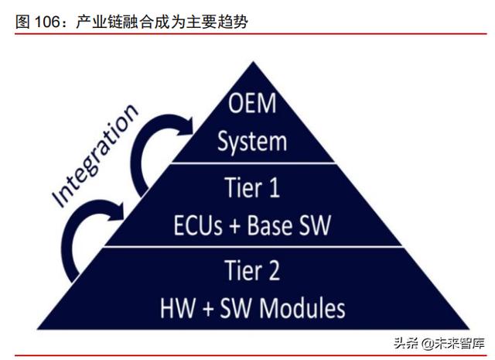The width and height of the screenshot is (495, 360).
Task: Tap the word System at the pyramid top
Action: tap(252, 141)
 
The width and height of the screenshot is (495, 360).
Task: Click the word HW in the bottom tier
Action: tap(176, 308)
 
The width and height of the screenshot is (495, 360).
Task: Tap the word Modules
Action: tap(302, 308)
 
